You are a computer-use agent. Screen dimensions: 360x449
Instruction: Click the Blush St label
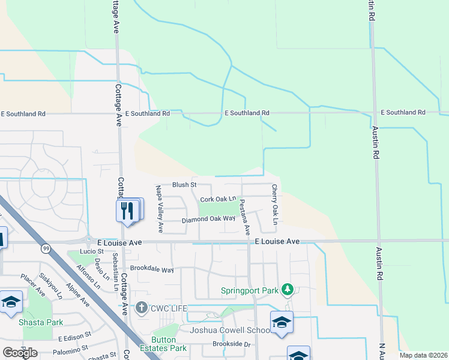184,185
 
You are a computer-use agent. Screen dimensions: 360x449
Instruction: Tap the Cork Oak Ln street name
218,199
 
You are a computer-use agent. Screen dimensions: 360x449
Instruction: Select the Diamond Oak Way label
209,219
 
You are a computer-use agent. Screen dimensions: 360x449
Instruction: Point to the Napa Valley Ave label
160,209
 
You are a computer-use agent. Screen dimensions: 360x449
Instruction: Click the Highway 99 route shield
46,248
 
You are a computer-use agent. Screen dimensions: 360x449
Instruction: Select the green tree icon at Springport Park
288,290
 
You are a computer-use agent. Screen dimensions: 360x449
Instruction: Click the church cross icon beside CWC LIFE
141,308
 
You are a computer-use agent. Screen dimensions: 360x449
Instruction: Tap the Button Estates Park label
169,343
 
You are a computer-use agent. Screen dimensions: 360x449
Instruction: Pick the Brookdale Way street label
151,269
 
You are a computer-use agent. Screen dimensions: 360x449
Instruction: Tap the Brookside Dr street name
231,344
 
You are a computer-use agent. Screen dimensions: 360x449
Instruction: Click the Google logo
20,352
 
